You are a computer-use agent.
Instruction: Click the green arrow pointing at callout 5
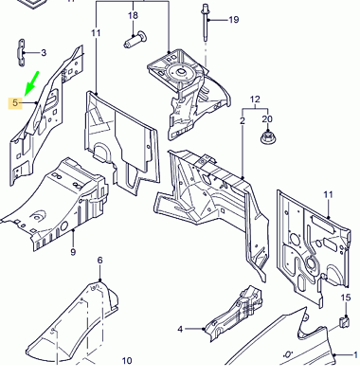pos(31,83)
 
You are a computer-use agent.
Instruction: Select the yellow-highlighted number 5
pos(15,103)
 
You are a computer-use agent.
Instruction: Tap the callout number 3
pos(44,53)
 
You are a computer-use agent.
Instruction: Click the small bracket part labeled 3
pos(21,53)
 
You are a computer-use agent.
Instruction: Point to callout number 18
pos(134,15)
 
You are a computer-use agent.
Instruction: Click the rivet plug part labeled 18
pos(135,40)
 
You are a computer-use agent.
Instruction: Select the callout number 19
pos(234,20)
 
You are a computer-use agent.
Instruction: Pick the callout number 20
pos(267,119)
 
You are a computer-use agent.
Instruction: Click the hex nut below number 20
pos(267,138)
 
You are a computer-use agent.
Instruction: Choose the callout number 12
pos(255,99)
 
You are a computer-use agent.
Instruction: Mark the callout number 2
pos(243,120)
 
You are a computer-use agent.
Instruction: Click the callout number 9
pos(73,252)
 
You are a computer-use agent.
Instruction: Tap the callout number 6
pos(99,261)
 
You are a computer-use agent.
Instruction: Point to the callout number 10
pos(127,361)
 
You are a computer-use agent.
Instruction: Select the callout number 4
pos(180,330)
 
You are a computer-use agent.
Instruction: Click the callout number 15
pos(346,298)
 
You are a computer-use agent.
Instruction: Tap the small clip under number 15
pos(345,322)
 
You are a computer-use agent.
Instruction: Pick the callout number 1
pos(355,354)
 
